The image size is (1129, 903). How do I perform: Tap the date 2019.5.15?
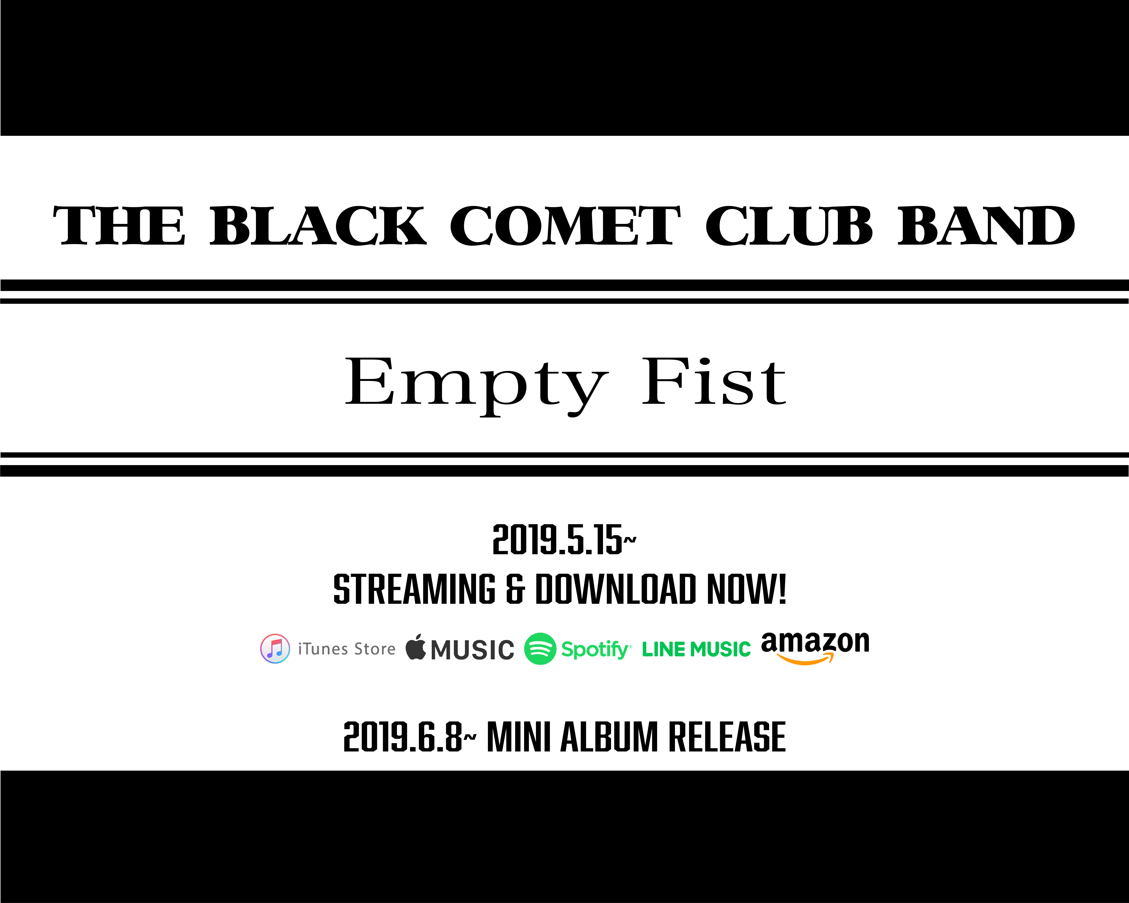[557, 540]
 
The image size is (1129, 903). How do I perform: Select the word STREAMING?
[414, 589]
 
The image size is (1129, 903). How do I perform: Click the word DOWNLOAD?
[615, 589]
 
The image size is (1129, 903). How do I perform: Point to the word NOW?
[746, 589]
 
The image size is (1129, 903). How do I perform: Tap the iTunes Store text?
[347, 649]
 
